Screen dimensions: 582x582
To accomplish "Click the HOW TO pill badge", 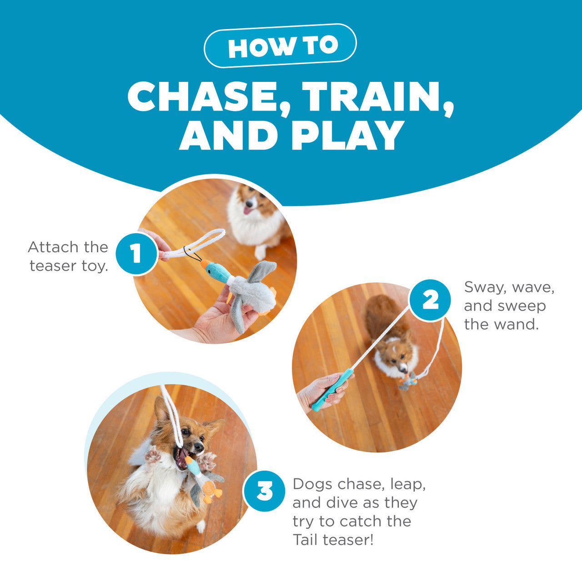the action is coord(280,46).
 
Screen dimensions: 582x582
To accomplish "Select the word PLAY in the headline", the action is coord(348,135).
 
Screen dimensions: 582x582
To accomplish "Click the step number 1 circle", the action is coord(136,253).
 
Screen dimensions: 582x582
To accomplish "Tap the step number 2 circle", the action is coord(430,300).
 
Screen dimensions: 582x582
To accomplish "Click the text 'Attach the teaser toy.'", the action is coord(68,256).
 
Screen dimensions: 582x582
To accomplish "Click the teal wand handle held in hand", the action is coord(333,389).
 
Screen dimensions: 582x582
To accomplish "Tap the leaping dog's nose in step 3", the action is coord(198,447).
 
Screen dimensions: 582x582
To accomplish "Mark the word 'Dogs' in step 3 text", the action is coord(312,484).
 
